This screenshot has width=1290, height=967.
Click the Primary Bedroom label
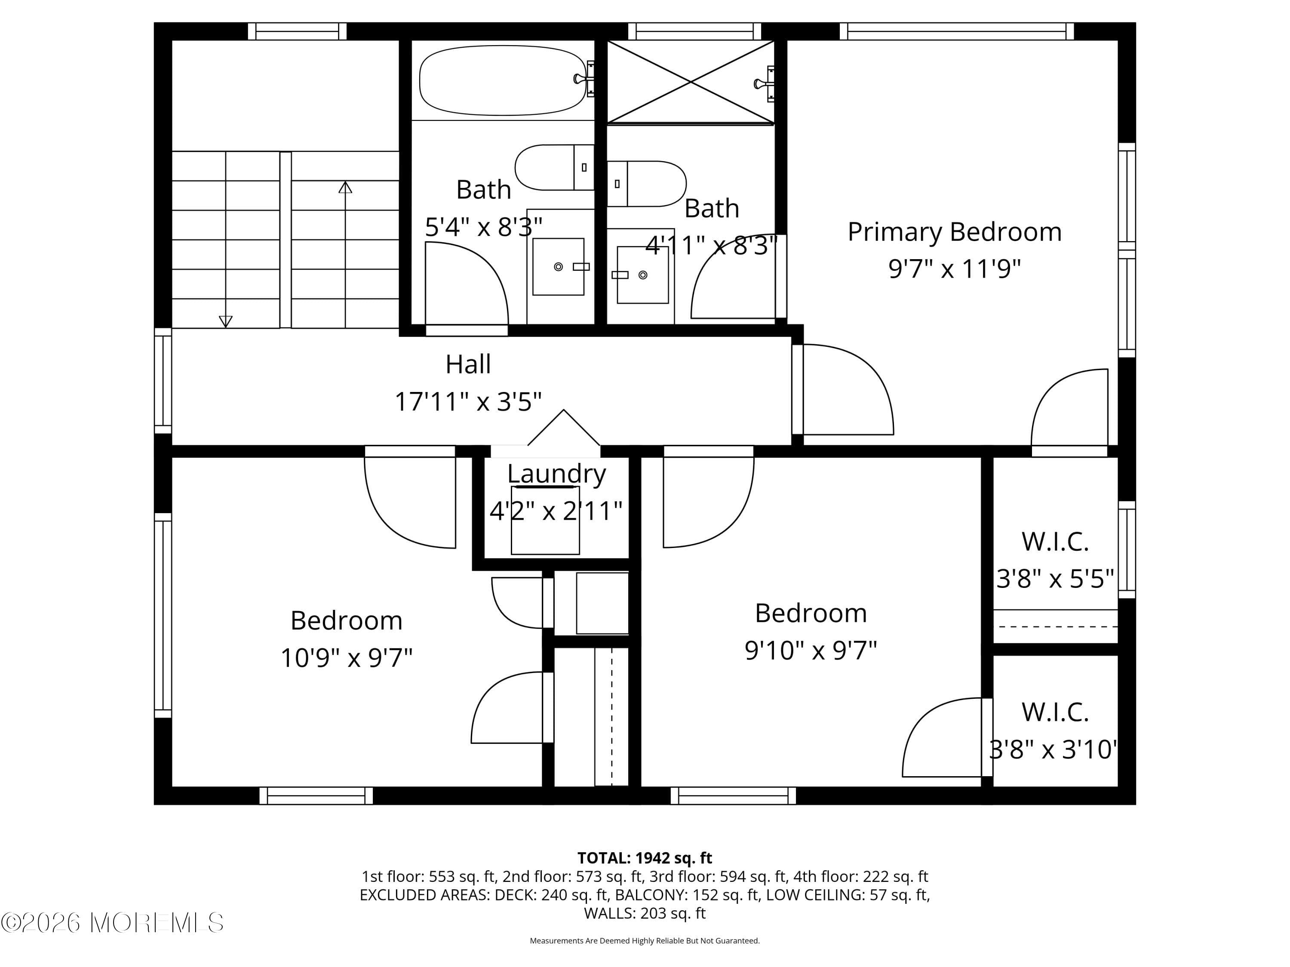coord(954,232)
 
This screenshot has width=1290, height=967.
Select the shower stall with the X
coord(691,82)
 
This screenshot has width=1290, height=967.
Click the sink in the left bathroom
coord(558,266)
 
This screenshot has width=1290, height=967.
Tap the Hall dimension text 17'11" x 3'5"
coord(468,401)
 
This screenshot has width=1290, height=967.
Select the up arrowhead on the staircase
coord(345,188)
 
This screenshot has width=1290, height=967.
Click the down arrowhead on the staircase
coord(226,321)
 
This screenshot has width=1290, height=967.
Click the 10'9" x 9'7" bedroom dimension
coord(347,658)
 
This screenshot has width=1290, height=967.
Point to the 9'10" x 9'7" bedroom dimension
coord(811,650)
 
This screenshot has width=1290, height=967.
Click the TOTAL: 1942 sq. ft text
coord(645,858)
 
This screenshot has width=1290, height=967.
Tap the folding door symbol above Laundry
coord(563,430)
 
